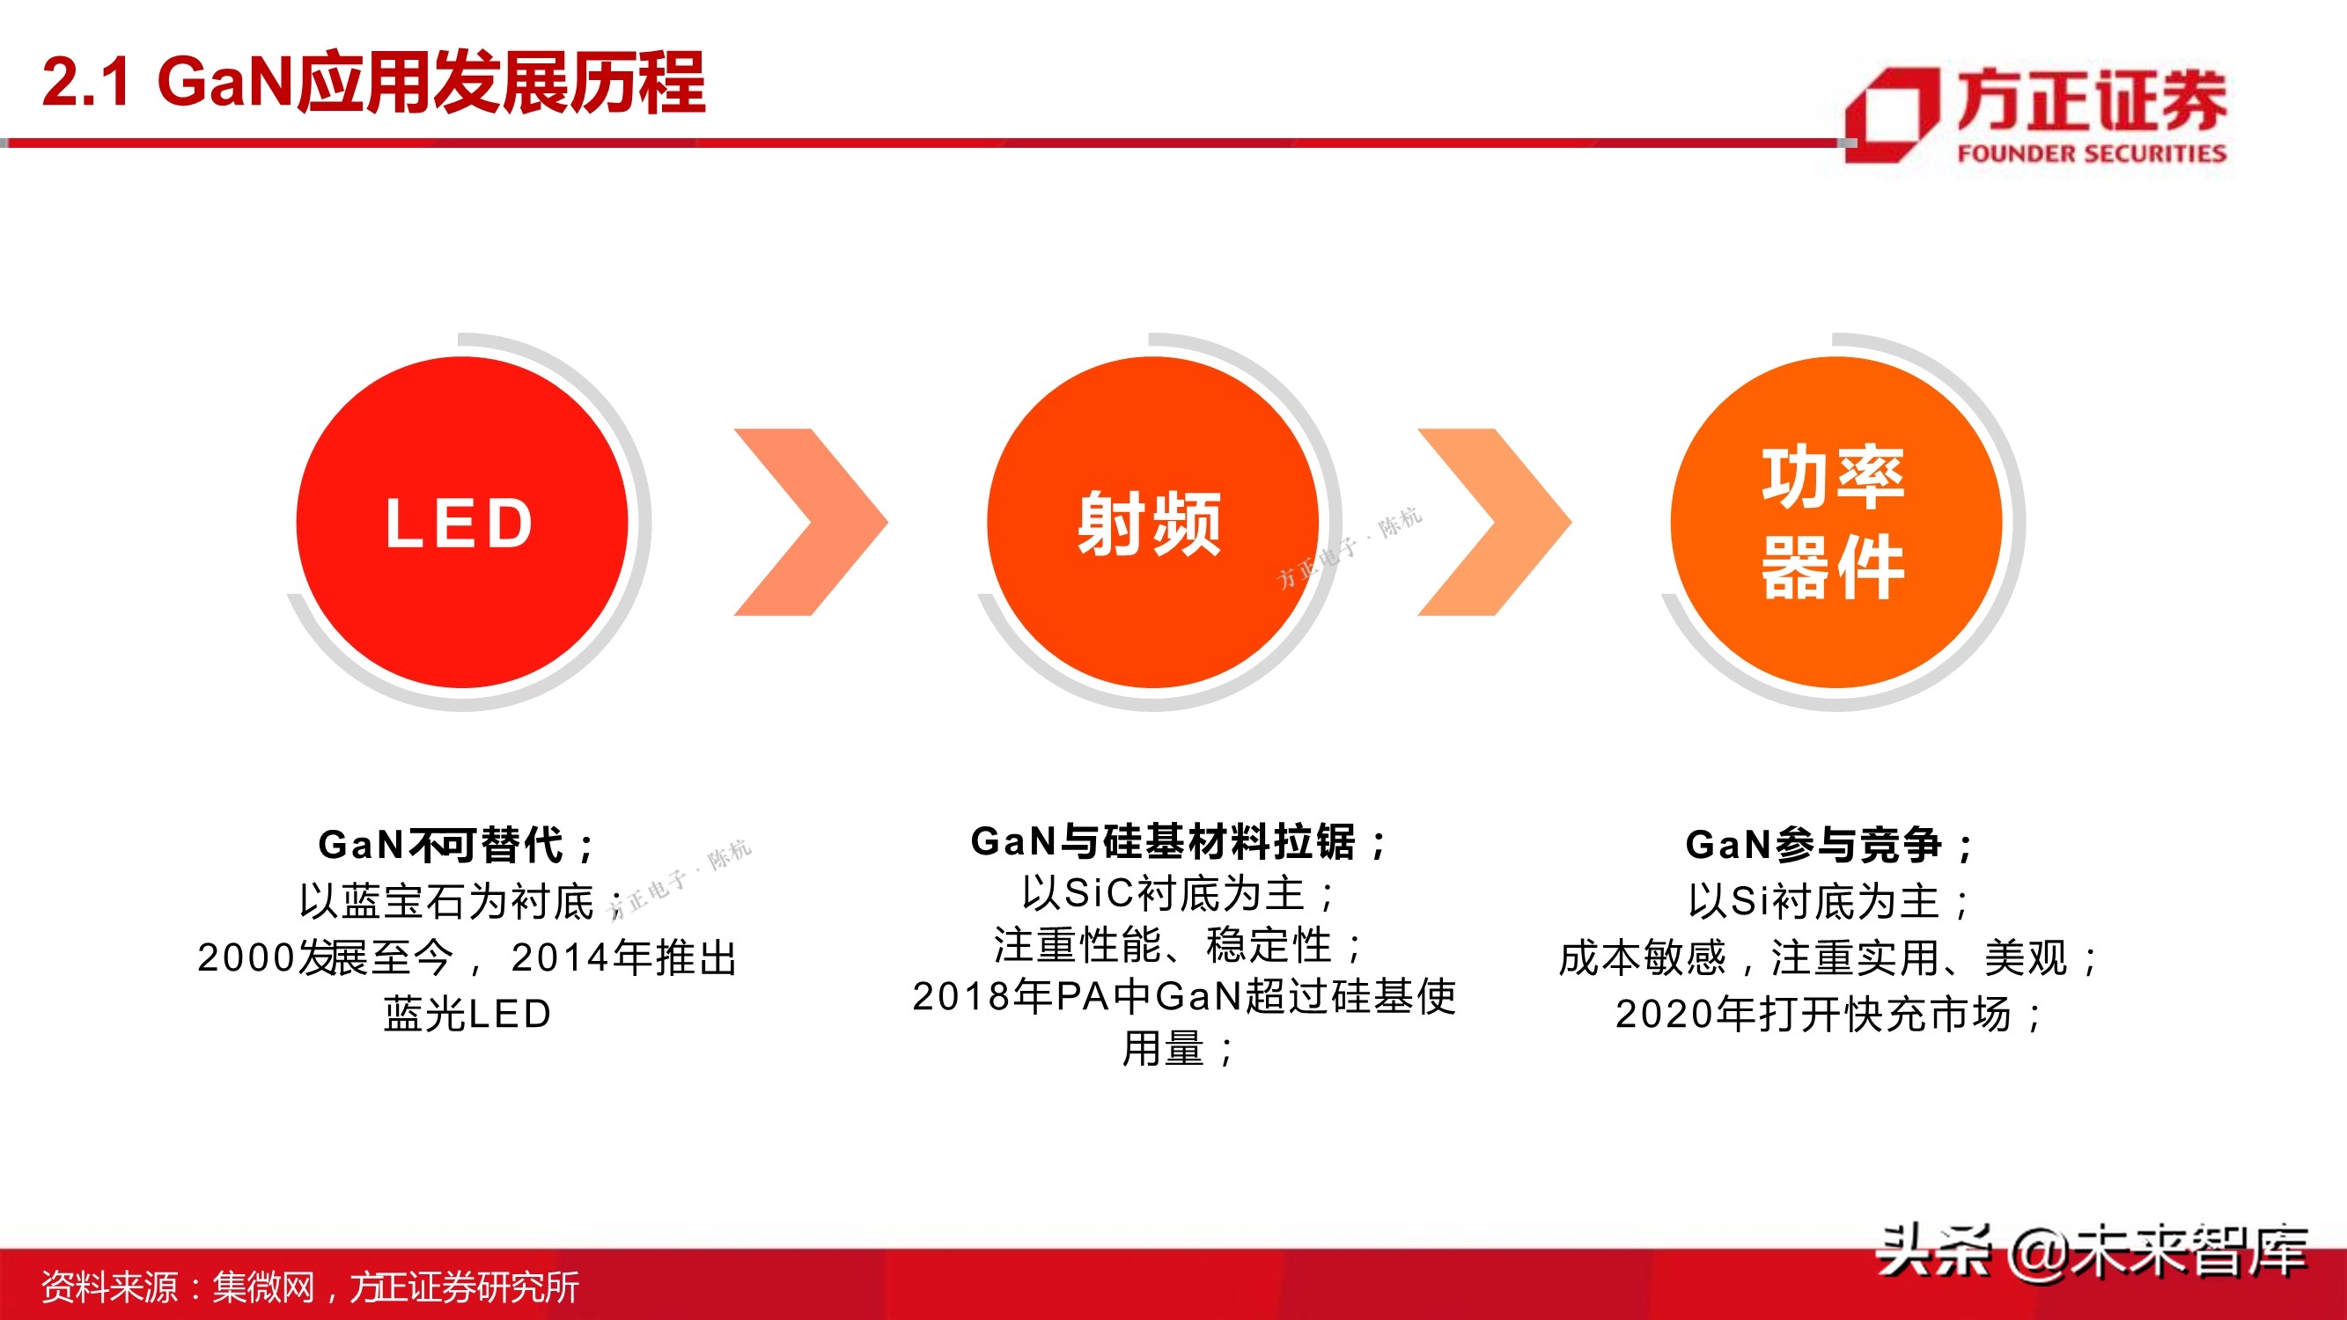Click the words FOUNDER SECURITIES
click(x=2091, y=153)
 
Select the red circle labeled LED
click(x=462, y=522)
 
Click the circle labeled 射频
click(x=1151, y=522)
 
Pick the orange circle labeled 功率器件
click(x=1835, y=522)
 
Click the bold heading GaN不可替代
click(x=455, y=845)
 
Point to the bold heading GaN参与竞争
click(x=1828, y=845)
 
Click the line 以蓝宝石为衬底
click(x=446, y=902)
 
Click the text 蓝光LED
click(x=467, y=1014)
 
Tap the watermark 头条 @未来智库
click(x=2091, y=1252)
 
